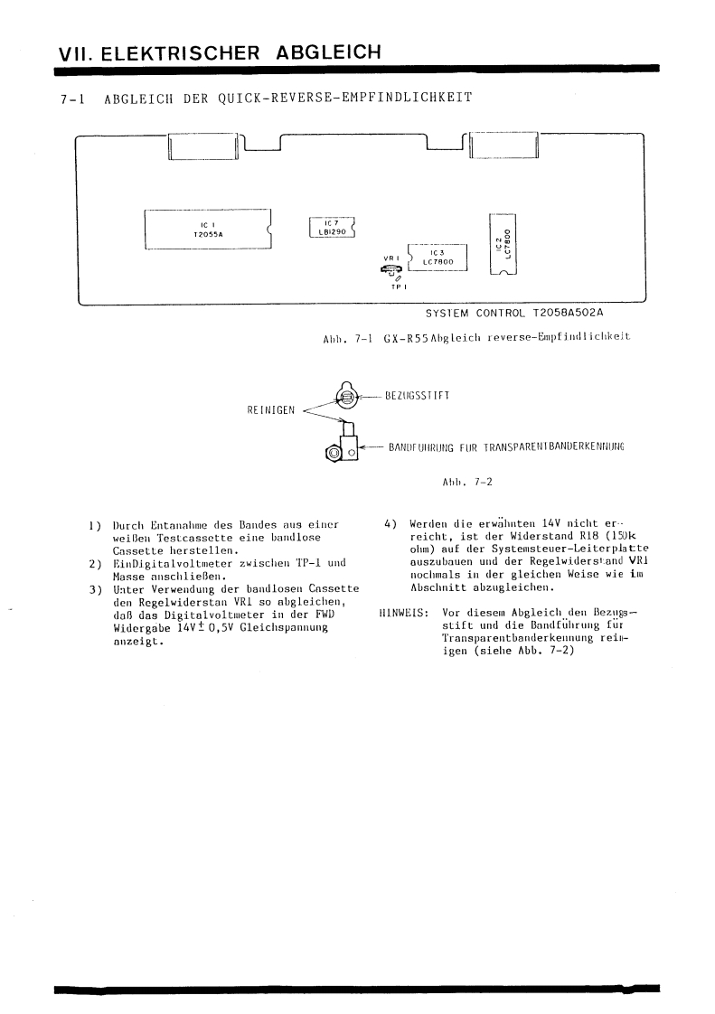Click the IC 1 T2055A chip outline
[207, 230]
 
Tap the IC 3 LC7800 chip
[438, 258]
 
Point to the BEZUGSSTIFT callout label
[419, 395]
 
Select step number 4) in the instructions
[390, 524]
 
